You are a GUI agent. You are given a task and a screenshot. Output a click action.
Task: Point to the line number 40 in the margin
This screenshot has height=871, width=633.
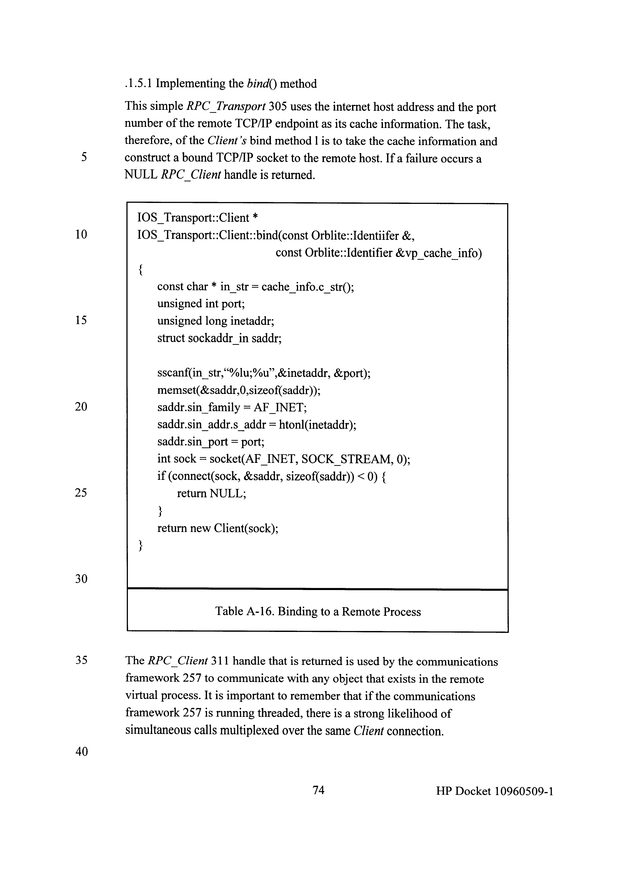(81, 752)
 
